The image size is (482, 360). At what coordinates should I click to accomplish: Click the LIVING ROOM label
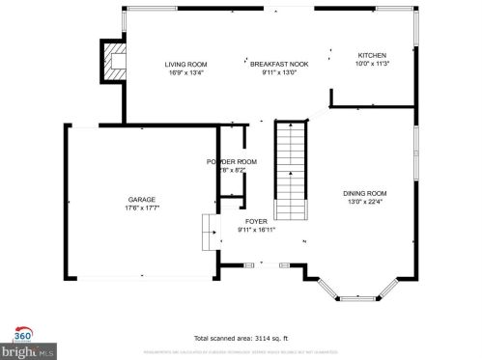[185, 64]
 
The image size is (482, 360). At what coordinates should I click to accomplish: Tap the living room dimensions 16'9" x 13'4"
[185, 72]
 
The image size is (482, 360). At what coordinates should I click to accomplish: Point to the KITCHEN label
[372, 55]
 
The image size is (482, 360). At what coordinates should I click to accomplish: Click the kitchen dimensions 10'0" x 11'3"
[372, 64]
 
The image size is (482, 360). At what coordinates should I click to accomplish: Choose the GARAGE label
[142, 199]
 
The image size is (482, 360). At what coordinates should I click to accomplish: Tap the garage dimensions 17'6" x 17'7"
[142, 208]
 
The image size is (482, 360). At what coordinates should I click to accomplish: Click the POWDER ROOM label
[232, 161]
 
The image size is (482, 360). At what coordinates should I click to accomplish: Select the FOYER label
[256, 221]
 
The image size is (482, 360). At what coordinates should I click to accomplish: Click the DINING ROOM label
[364, 194]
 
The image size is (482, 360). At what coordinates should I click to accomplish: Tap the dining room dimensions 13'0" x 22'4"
[364, 203]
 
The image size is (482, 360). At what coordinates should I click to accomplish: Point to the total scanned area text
[240, 339]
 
